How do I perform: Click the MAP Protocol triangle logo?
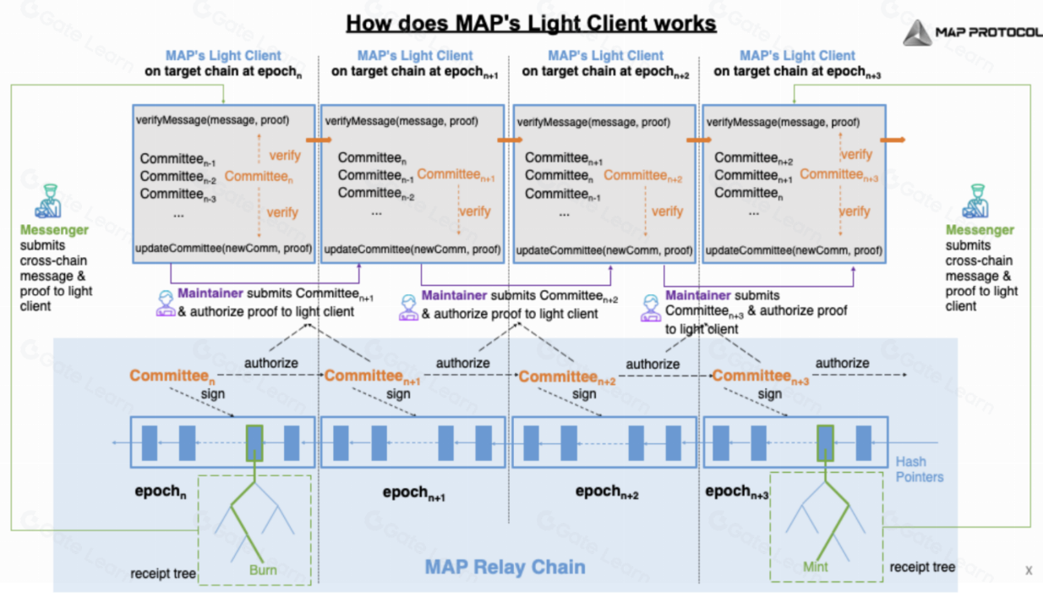click(918, 33)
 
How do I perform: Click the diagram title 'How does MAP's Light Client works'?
click(531, 24)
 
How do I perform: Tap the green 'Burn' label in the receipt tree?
click(263, 569)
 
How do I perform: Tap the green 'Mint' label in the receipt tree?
click(816, 567)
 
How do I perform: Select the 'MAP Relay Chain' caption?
click(505, 567)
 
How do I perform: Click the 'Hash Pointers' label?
click(919, 469)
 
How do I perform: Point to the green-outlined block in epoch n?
click(254, 442)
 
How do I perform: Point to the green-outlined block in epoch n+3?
click(825, 442)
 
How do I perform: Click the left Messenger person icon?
click(48, 201)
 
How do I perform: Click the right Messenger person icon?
click(975, 201)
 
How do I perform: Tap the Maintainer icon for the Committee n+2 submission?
click(408, 307)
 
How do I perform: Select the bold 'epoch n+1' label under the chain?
click(414, 492)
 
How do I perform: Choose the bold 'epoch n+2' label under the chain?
click(607, 492)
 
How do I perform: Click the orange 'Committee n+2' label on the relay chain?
click(567, 377)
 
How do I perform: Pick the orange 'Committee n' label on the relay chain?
click(172, 376)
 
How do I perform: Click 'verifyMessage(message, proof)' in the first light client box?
click(212, 120)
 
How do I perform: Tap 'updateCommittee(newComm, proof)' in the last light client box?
click(794, 250)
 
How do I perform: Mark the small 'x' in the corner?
click(1029, 570)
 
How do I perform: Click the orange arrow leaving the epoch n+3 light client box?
click(893, 140)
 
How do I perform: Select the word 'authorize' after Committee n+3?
click(842, 363)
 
